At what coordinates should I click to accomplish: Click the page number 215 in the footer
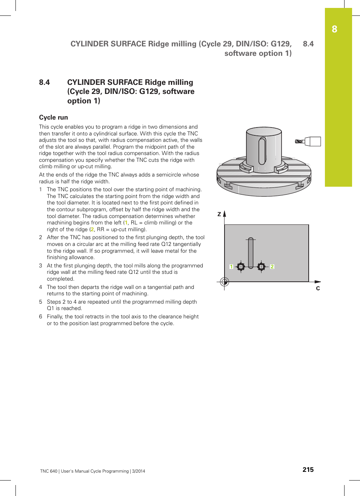[x=308, y=470]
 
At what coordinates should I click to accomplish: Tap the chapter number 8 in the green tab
[x=334, y=29]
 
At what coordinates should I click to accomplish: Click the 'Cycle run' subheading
[x=54, y=117]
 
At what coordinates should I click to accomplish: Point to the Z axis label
[x=219, y=214]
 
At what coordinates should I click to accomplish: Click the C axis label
[x=318, y=289]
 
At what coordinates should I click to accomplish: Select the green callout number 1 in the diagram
[x=231, y=267]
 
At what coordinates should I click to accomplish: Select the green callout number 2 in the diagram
[x=272, y=267]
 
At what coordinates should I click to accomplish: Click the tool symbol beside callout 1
[x=241, y=267]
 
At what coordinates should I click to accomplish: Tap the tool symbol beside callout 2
[x=261, y=267]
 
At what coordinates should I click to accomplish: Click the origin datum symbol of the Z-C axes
[x=225, y=281]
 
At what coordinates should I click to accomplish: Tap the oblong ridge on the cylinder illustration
[x=262, y=151]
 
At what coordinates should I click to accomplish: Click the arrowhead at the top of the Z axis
[x=225, y=213]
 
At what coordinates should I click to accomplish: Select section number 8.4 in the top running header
[x=308, y=44]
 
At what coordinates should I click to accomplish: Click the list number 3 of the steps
[x=41, y=266]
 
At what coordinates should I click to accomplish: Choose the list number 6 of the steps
[x=41, y=316]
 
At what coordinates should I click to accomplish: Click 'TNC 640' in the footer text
[x=49, y=471]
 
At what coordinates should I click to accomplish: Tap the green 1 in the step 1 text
[x=126, y=223]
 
